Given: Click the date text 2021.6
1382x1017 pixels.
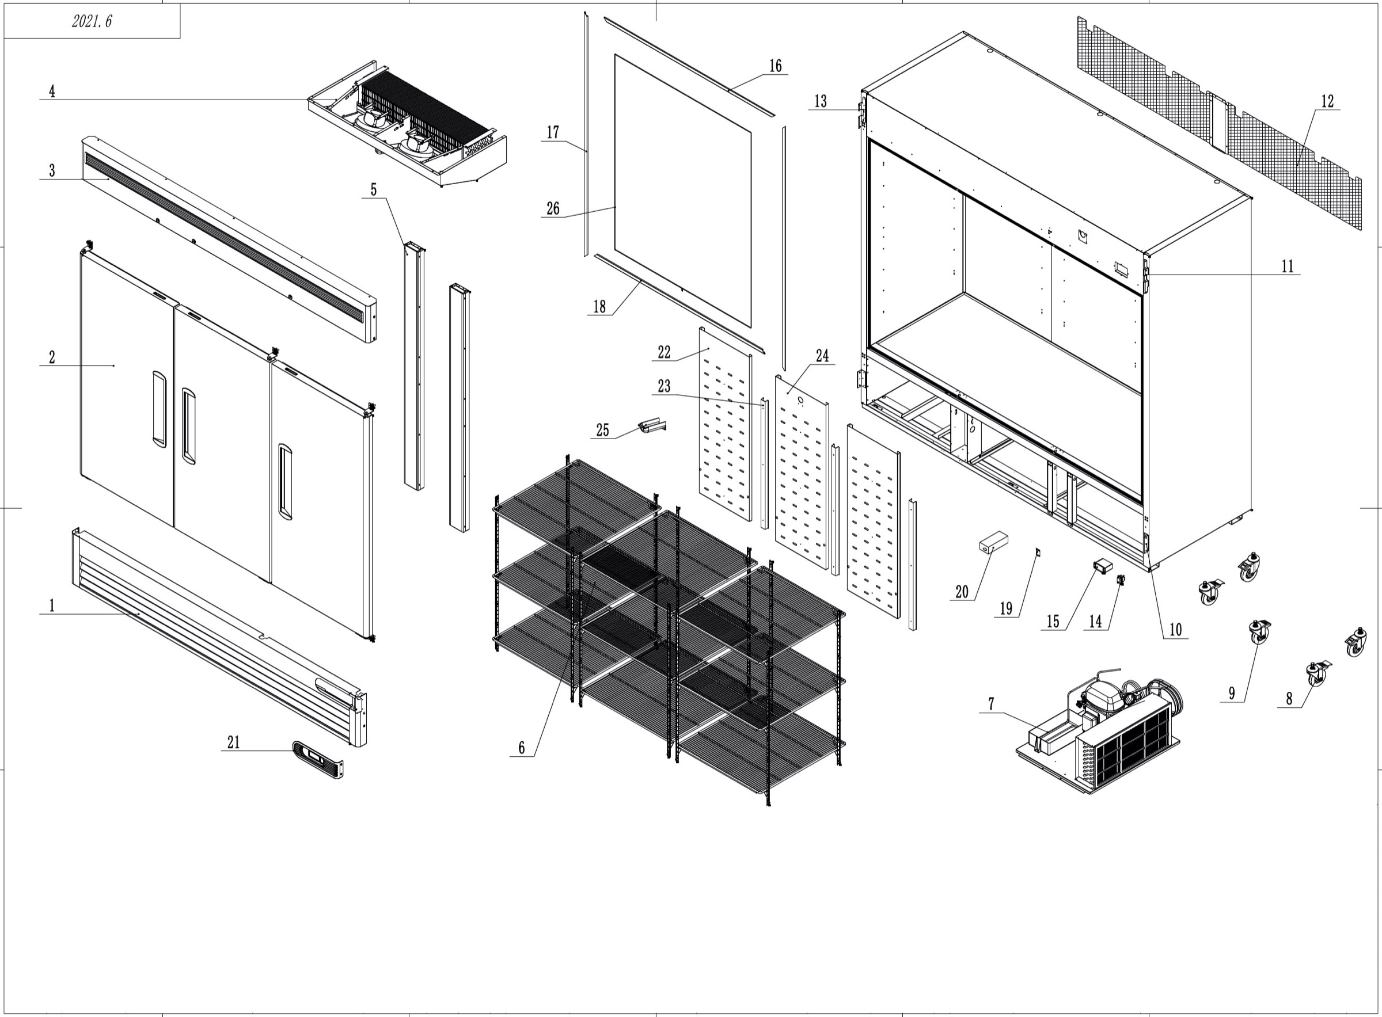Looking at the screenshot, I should pyautogui.click(x=92, y=21).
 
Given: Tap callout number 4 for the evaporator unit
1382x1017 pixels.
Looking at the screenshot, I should pyautogui.click(x=52, y=92).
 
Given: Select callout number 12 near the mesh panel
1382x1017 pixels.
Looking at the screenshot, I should pyautogui.click(x=1327, y=101).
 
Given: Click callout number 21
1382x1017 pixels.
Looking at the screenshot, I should pyautogui.click(x=233, y=742).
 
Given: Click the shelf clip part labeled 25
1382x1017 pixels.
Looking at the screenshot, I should pyautogui.click(x=652, y=426).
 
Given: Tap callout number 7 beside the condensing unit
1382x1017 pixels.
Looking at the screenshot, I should pyautogui.click(x=991, y=704).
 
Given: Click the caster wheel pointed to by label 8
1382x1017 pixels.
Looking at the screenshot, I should pyautogui.click(x=1317, y=673).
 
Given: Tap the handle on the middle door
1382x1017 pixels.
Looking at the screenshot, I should pyautogui.click(x=188, y=425).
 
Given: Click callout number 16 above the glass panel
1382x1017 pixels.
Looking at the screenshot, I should pyautogui.click(x=776, y=66).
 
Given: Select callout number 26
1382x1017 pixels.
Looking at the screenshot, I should pyautogui.click(x=553, y=209).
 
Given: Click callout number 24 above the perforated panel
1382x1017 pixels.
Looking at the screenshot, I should pyautogui.click(x=822, y=356).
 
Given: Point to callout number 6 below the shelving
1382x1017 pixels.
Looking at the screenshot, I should pyautogui.click(x=521, y=748).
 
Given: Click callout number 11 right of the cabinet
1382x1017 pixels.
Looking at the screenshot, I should pyautogui.click(x=1287, y=266).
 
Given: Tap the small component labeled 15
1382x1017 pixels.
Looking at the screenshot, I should pyautogui.click(x=1102, y=564).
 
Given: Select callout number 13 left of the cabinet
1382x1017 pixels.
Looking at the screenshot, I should pyautogui.click(x=821, y=101).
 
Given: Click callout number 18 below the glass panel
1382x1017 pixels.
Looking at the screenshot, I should pyautogui.click(x=599, y=307).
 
